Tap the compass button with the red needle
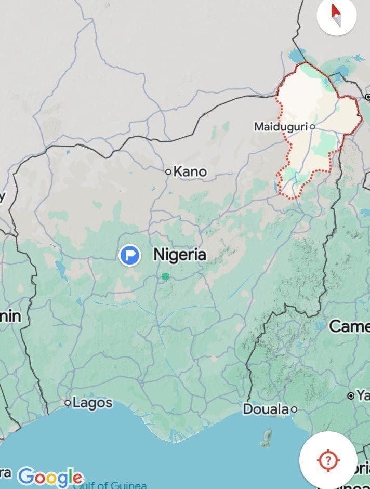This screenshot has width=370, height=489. tap(336, 16)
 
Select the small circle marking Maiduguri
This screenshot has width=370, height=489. tap(312, 126)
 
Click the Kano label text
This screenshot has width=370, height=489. tap(190, 171)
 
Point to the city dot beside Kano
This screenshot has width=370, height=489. tap(168, 171)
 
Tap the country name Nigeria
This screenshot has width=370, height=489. tap(180, 255)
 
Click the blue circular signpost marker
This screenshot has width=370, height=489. tap(129, 255)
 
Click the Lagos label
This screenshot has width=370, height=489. tap(92, 403)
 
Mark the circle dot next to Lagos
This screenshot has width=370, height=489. tap(68, 403)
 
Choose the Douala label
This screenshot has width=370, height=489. tap(266, 409)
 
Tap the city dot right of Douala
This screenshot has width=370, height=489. tap(294, 409)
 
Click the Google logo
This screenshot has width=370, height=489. tap(50, 477)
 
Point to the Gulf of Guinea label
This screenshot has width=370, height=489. tap(110, 485)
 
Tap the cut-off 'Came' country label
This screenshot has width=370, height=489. tap(349, 326)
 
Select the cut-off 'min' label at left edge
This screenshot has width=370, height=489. tap(10, 316)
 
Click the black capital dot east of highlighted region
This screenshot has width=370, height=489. tap(367, 97)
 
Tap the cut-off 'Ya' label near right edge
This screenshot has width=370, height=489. tap(362, 396)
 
